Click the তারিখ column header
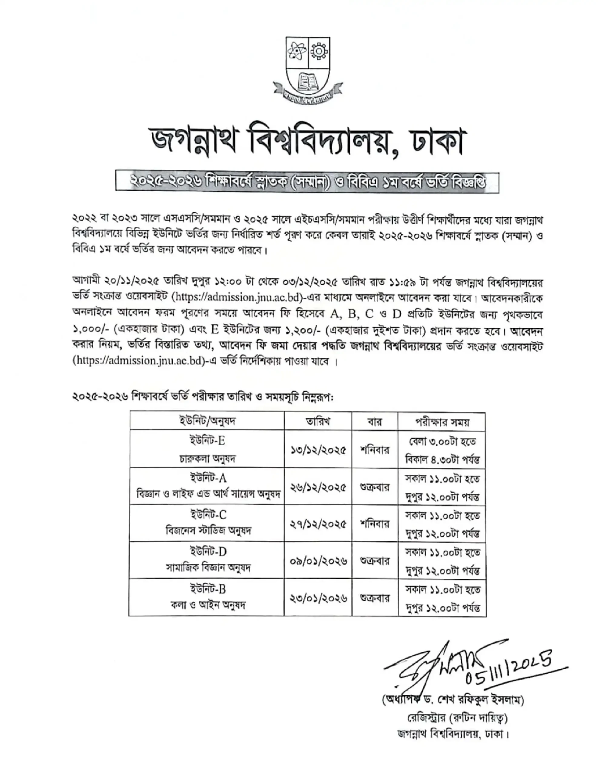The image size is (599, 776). (318, 421)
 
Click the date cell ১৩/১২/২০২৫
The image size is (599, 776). (318, 450)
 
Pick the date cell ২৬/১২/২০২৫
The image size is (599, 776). (318, 487)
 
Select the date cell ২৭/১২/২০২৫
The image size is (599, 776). (318, 524)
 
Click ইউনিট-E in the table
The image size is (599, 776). (207, 441)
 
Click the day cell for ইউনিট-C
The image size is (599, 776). (375, 524)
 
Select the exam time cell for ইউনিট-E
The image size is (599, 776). (442, 450)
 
